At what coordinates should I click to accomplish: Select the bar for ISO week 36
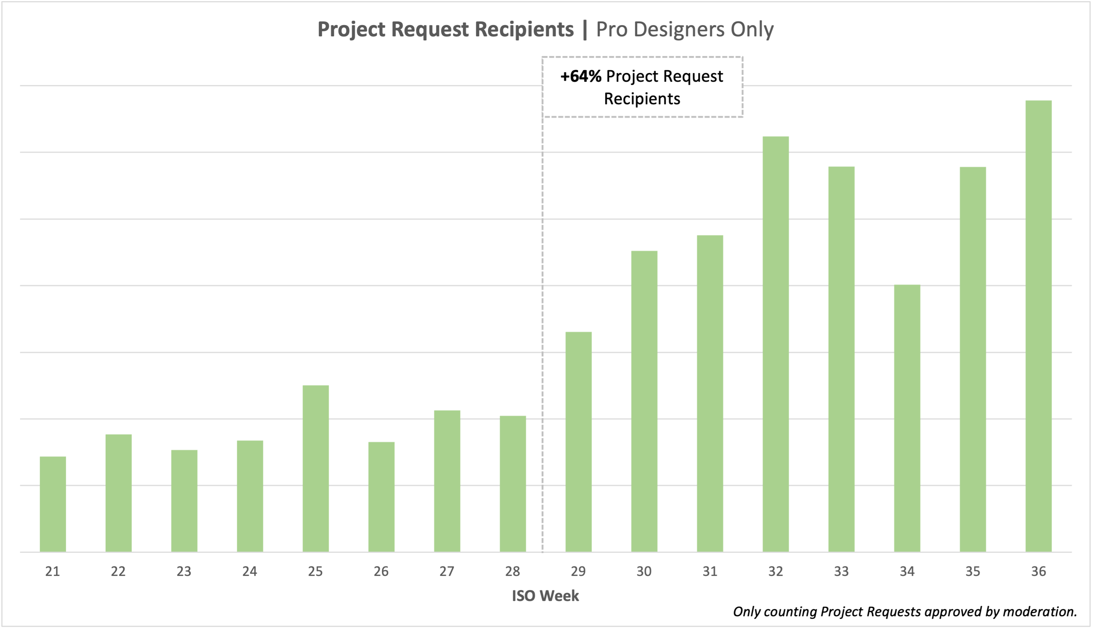1039,326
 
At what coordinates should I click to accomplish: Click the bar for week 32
776,344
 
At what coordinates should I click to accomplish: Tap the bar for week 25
315,469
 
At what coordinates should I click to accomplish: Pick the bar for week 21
53,504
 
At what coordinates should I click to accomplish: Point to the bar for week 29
578,442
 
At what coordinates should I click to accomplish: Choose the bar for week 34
907,418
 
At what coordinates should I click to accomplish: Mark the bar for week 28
513,484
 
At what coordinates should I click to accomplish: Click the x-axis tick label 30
644,572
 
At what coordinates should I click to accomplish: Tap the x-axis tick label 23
184,572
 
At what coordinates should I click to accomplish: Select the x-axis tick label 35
972,572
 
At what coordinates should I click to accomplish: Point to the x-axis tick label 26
381,572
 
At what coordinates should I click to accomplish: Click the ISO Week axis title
545,596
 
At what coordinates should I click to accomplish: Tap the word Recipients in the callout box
642,99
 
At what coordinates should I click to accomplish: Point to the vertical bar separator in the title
585,29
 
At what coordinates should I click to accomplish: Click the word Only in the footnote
746,611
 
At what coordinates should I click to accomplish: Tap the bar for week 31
710,394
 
